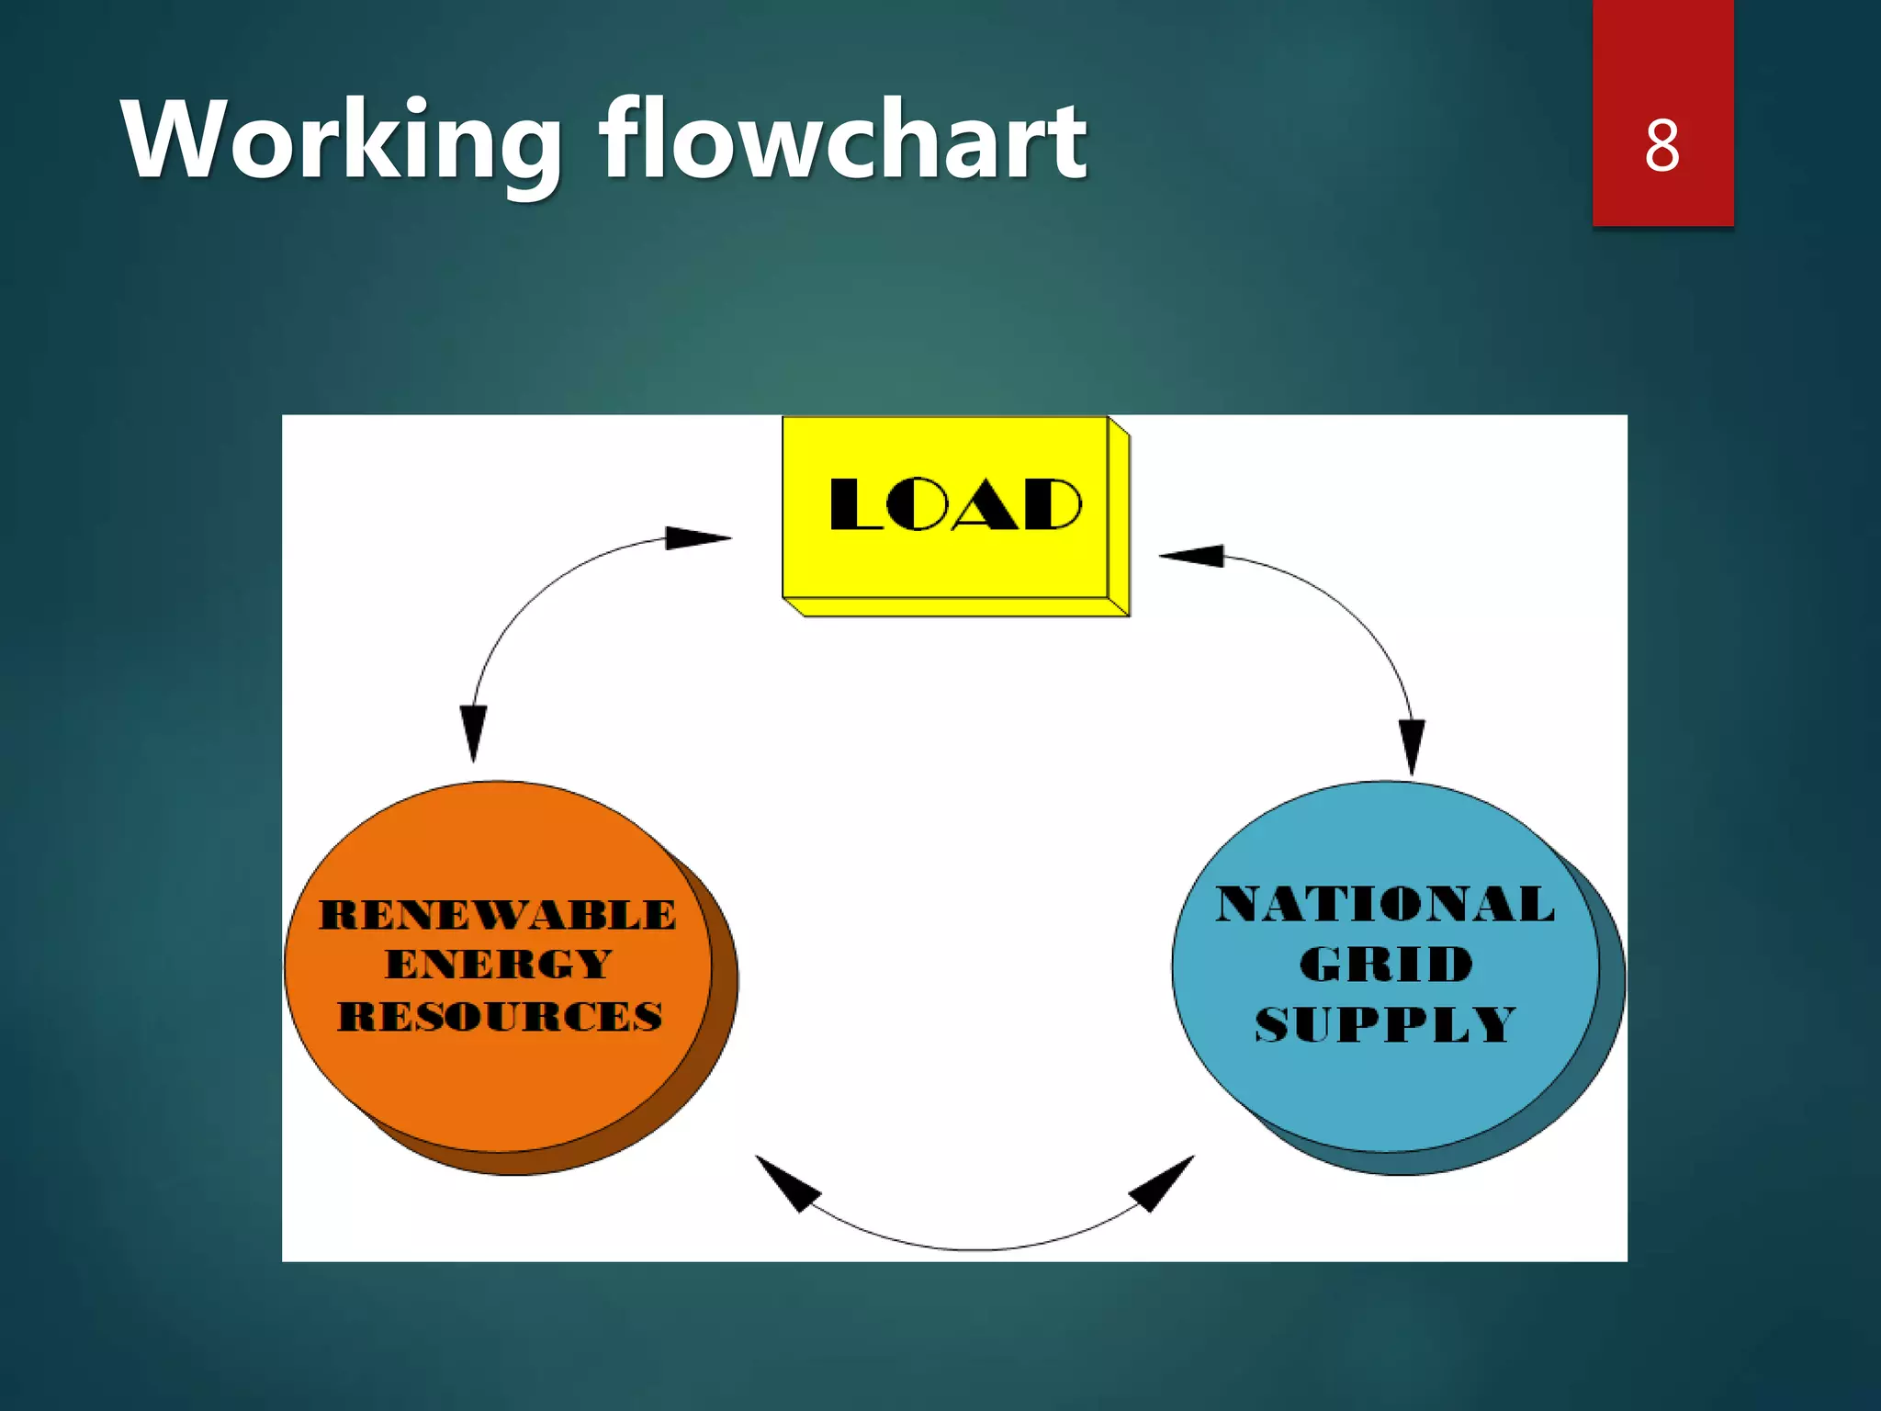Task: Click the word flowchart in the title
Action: coord(843,140)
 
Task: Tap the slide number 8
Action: coord(1662,145)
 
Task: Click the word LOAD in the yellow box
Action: coord(955,504)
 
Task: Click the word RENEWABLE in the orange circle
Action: coord(498,915)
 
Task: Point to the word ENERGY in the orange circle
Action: coord(498,965)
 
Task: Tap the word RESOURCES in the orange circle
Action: coord(500,1017)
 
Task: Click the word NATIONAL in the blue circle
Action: coord(1385,904)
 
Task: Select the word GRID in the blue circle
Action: coord(1386,964)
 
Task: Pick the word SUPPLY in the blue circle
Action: coord(1385,1024)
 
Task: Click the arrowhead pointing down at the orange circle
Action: coord(474,731)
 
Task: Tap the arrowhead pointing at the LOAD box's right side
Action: coord(1192,555)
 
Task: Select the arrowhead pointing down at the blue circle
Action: coord(1412,745)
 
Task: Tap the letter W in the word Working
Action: coord(172,140)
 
